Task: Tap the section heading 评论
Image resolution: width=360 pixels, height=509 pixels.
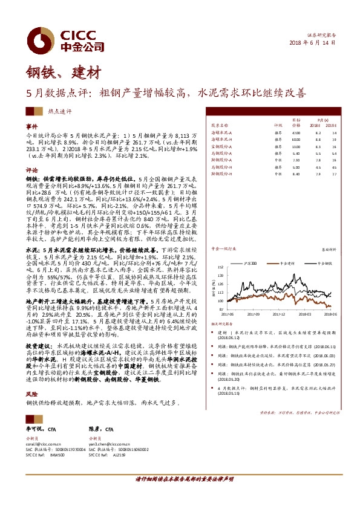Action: click(x=31, y=170)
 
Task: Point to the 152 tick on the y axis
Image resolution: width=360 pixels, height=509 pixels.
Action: click(x=224, y=265)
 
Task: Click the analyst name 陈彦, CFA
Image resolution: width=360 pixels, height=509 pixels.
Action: click(x=100, y=429)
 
